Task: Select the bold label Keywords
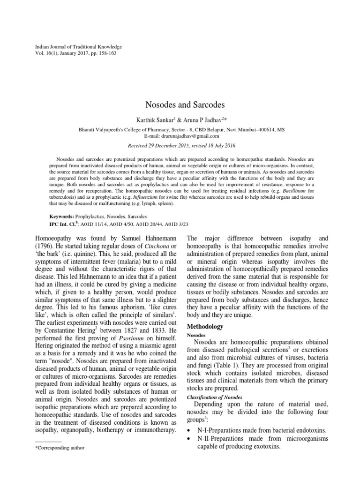[61, 217]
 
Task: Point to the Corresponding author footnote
[60, 448]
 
